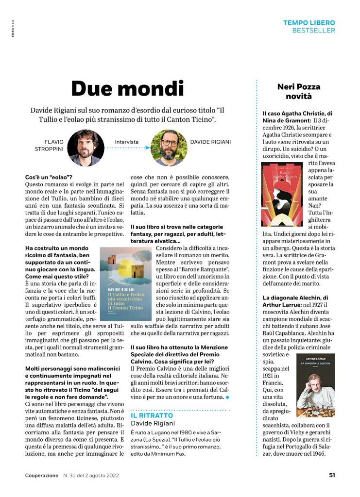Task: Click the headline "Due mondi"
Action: tap(127, 88)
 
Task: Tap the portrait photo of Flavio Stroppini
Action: tap(86, 148)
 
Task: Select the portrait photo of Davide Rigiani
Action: tap(169, 148)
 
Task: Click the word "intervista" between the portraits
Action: tap(127, 142)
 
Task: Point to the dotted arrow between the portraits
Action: tap(127, 149)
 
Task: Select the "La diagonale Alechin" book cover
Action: tap(315, 386)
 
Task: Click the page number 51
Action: tap(331, 475)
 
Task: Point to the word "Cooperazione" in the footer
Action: tap(42, 475)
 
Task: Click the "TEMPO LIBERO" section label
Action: tap(309, 23)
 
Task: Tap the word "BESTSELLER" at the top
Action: tap(313, 31)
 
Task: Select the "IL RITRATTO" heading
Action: tap(152, 415)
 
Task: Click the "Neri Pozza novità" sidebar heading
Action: tap(299, 91)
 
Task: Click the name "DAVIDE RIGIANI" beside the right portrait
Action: tap(210, 142)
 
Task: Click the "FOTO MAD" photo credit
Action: tap(13, 29)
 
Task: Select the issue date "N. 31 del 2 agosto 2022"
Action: tap(91, 475)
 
